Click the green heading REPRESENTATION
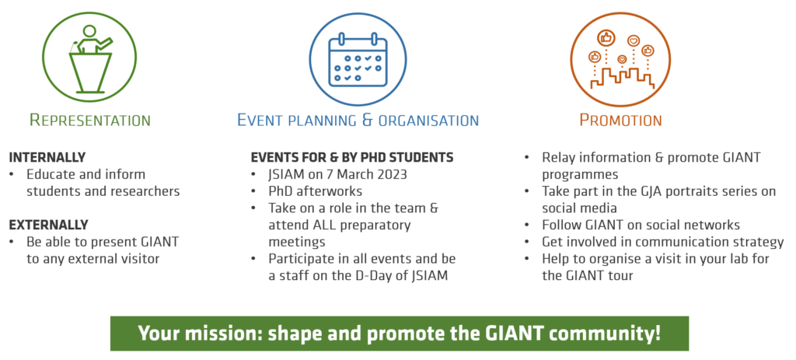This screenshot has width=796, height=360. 90,121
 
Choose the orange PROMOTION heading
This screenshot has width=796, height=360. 621,121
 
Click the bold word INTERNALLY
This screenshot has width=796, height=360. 47,157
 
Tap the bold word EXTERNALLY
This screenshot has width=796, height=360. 49,225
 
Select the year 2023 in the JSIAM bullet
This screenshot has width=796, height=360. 391,175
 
